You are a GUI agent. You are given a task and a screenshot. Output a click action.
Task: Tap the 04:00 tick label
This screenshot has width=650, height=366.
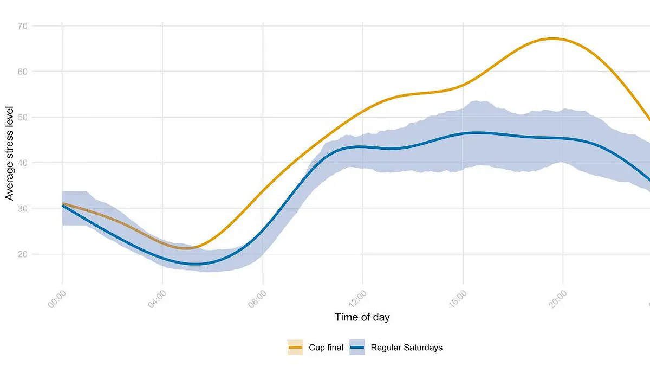click(158, 299)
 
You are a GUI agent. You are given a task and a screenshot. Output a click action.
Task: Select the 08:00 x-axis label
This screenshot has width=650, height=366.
click(258, 299)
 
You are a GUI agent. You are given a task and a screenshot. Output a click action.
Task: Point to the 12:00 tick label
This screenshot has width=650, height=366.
click(358, 299)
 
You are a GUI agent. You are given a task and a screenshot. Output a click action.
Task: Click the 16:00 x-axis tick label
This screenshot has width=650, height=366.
click(458, 299)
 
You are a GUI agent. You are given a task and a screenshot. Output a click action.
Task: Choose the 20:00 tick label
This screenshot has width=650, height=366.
click(558, 299)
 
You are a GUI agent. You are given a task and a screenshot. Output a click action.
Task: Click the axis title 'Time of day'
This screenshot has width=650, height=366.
click(362, 317)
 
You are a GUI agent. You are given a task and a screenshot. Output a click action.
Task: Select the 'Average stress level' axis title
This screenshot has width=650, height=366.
click(10, 153)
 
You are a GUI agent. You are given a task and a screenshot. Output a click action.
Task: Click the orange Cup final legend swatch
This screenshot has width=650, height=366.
click(295, 348)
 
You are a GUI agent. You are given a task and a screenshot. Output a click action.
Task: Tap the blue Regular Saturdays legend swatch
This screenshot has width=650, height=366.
click(357, 348)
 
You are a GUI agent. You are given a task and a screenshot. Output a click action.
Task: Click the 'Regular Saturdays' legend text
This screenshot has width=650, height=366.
click(406, 348)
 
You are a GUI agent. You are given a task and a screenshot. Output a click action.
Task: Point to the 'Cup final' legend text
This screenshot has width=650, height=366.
click(326, 348)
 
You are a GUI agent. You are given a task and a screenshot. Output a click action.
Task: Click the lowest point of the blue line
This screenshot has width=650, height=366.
click(198, 264)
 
